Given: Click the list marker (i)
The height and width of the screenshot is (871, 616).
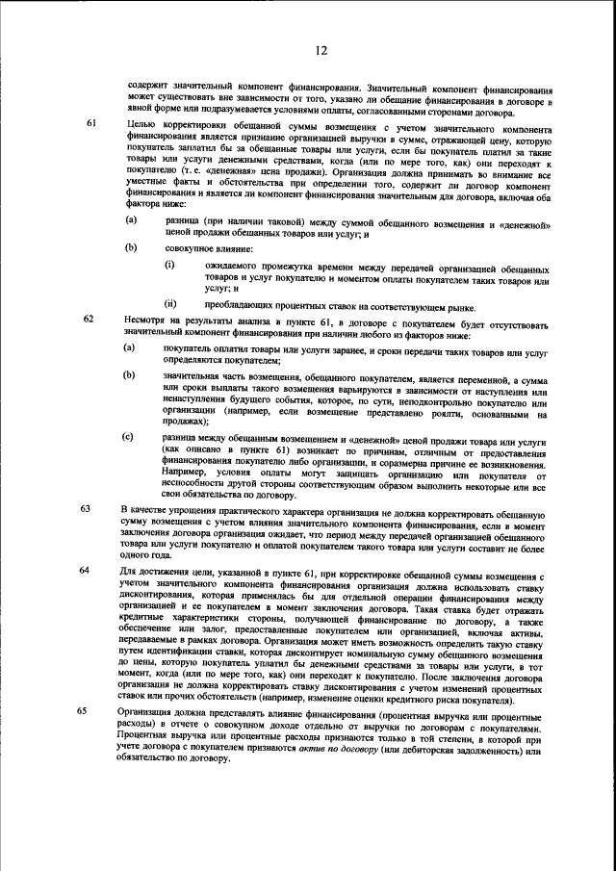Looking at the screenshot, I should tap(169, 264).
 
